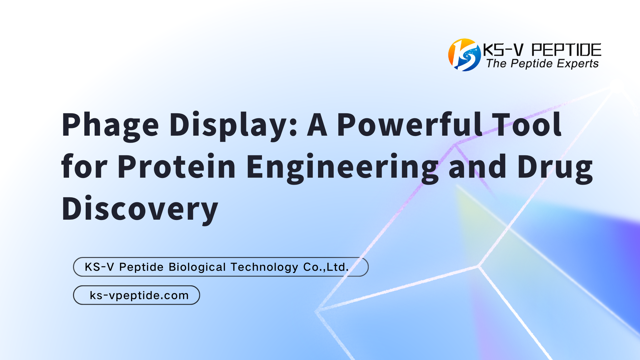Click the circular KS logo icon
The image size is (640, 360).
(x=464, y=55)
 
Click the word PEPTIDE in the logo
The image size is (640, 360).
(x=566, y=50)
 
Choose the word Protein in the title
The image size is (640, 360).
(x=177, y=166)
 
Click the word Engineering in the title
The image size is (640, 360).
(x=342, y=168)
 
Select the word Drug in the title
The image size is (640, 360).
(x=555, y=168)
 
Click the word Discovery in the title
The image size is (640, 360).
(x=140, y=209)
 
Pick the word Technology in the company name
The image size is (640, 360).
(x=264, y=267)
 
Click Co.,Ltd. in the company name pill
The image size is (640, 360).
(x=326, y=267)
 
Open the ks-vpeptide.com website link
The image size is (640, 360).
(x=139, y=295)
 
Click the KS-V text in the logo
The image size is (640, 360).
(x=503, y=50)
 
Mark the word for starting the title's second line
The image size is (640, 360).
(x=84, y=166)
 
